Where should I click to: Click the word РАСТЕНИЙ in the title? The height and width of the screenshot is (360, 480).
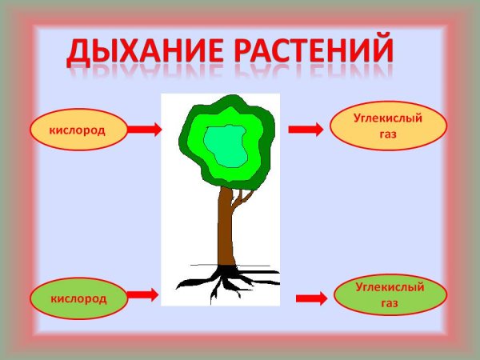coord(310,50)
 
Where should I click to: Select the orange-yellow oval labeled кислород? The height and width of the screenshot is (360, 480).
coord(78,130)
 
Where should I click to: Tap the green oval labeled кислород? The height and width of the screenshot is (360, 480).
coord(78,298)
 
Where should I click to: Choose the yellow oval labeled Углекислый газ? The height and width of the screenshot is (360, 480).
coord(387,126)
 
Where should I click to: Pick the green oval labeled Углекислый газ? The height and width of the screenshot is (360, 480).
coord(390,294)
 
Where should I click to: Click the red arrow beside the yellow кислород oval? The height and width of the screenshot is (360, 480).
coord(145,130)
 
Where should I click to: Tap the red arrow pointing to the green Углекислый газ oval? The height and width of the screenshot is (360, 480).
coord(311,298)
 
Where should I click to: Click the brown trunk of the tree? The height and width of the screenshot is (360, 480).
coord(225,232)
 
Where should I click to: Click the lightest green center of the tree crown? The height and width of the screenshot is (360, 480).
coord(225,145)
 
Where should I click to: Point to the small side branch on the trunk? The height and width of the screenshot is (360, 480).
coord(241,198)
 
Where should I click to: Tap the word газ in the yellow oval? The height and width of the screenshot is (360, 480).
coord(388,135)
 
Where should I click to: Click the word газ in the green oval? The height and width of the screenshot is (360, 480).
coord(390,303)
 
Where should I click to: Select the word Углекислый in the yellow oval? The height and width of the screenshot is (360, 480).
coord(388,118)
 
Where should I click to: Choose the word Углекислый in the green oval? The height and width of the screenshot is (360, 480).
coord(390,286)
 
